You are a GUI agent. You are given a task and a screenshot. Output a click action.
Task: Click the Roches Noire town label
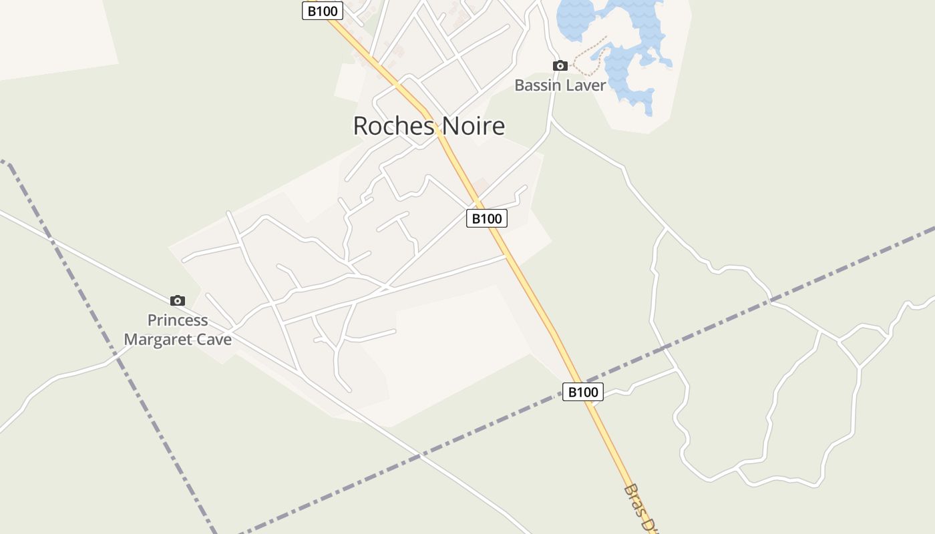[x=429, y=125]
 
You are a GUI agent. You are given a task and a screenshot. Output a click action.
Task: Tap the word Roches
[x=391, y=125]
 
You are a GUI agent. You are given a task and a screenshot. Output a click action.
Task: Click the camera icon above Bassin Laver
[x=560, y=65]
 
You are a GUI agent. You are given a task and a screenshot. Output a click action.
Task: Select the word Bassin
[x=536, y=85]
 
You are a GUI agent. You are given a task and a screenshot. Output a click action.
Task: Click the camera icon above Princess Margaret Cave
[x=177, y=300]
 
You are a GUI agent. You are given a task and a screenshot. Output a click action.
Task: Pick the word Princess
[x=178, y=320]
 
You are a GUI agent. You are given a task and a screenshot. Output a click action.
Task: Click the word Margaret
[x=159, y=339]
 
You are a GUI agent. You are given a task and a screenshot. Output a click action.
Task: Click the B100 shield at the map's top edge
[x=323, y=11]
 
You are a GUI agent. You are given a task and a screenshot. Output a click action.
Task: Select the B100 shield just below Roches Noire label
[x=486, y=218]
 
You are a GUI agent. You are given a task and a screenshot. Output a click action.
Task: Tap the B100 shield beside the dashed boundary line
[x=582, y=392]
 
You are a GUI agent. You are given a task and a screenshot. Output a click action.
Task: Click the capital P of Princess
[x=152, y=320]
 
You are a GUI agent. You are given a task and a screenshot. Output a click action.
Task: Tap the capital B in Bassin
[x=519, y=85]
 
